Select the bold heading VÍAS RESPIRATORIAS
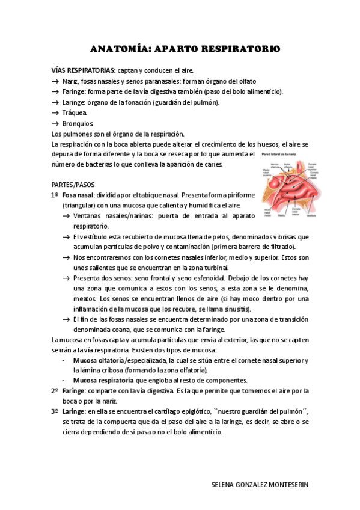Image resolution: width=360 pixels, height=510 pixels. [x=82, y=70]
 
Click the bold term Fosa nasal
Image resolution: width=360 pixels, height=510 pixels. [x=76, y=195]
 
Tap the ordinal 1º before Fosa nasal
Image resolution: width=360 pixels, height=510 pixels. [x=54, y=195]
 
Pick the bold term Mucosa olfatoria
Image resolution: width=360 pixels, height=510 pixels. [x=94, y=360]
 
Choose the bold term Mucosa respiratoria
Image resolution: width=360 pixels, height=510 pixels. [x=103, y=381]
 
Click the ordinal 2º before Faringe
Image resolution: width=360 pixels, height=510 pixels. [x=54, y=391]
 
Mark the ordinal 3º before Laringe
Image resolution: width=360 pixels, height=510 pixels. [x=54, y=411]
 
